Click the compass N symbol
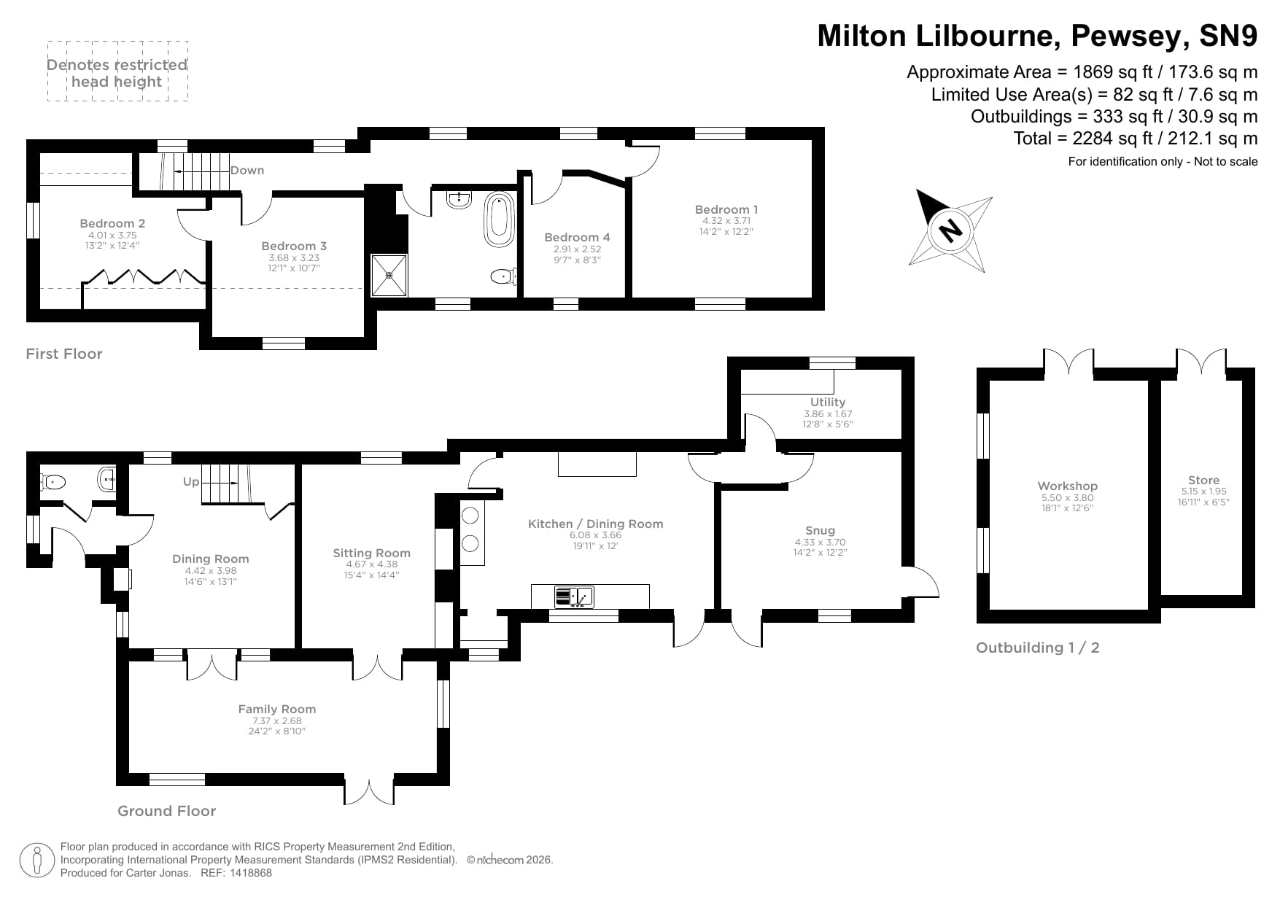(949, 230)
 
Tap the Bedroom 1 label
(726, 209)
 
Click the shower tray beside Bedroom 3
(389, 275)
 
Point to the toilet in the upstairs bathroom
(503, 276)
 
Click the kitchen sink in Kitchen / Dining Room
(574, 597)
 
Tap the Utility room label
(827, 402)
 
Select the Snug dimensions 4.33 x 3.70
(820, 543)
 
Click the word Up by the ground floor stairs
(191, 481)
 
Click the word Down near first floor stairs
(247, 171)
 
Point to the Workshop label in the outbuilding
(1067, 486)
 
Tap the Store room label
(1203, 480)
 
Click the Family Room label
(277, 709)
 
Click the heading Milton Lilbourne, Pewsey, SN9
(1036, 36)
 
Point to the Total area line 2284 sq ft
(1135, 138)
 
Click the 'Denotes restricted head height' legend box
(117, 71)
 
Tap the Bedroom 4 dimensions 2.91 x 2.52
(577, 249)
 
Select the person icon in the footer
(37, 861)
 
